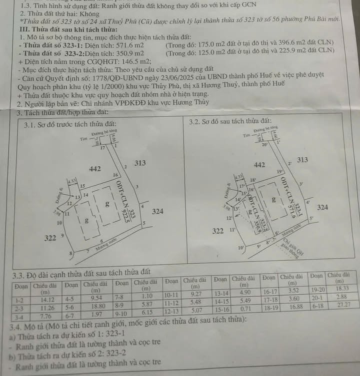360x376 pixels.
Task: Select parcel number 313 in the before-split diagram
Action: (140, 163)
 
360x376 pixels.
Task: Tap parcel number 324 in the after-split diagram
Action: (322, 207)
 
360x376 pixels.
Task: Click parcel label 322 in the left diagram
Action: (50, 238)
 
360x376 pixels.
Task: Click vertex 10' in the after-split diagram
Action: (241, 247)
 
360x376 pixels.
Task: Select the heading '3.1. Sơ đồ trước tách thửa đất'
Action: (70, 124)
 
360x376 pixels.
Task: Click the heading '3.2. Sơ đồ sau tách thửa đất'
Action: (230, 121)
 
